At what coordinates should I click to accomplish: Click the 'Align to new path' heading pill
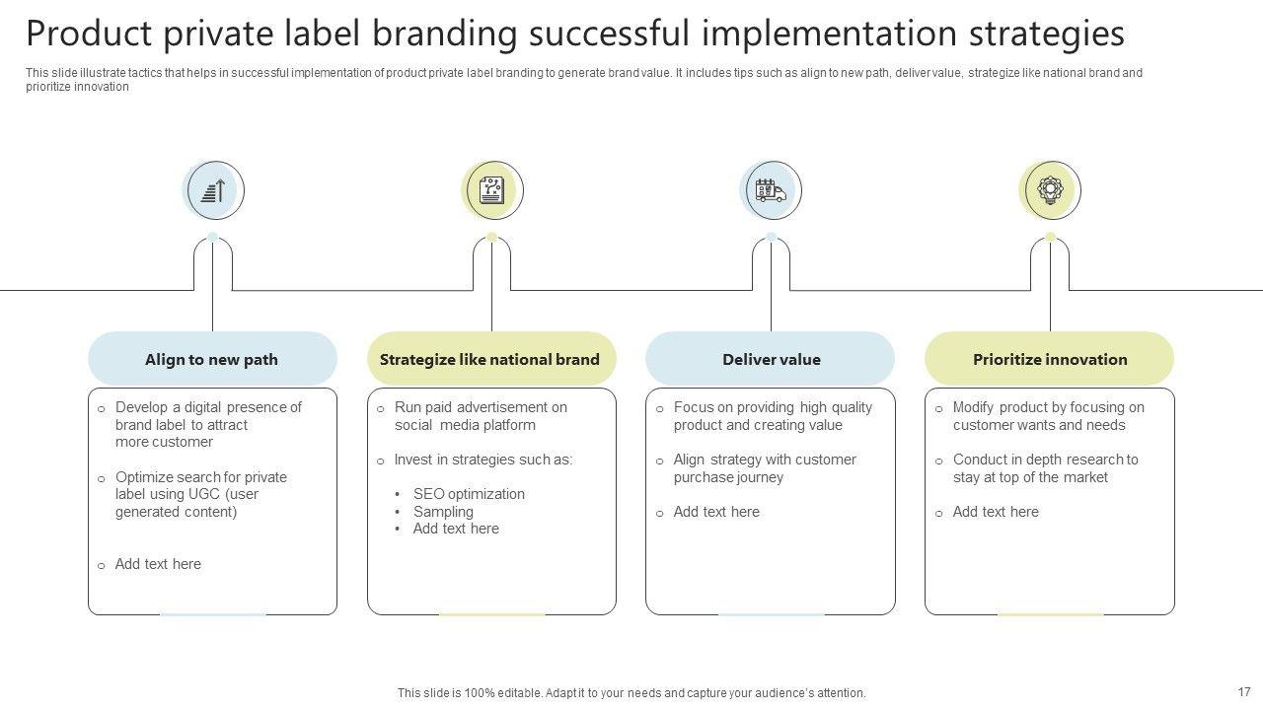pyautogui.click(x=211, y=359)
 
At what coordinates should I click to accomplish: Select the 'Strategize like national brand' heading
pyautogui.click(x=489, y=359)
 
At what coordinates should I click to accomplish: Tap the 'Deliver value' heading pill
pyautogui.click(x=771, y=359)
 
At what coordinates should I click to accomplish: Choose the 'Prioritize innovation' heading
pyautogui.click(x=1050, y=359)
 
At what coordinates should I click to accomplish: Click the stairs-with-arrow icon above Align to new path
pyautogui.click(x=214, y=190)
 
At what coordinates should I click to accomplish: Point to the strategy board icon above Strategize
pyautogui.click(x=491, y=190)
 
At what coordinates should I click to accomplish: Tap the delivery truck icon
pyautogui.click(x=771, y=190)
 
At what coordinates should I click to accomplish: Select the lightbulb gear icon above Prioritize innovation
pyautogui.click(x=1050, y=190)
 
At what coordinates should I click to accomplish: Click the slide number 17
pyautogui.click(x=1244, y=691)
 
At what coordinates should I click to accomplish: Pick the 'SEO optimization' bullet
pyautogui.click(x=469, y=494)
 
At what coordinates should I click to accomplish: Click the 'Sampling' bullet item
pyautogui.click(x=443, y=512)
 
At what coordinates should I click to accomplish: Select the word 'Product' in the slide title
pyautogui.click(x=88, y=34)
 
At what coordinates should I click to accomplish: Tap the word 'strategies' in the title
pyautogui.click(x=1047, y=34)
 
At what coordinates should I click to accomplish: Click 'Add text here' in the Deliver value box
pyautogui.click(x=716, y=512)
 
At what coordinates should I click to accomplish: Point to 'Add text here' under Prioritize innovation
pyautogui.click(x=996, y=512)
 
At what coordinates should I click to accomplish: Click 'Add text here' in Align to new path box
pyautogui.click(x=158, y=564)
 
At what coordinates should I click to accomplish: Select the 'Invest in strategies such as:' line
pyautogui.click(x=483, y=460)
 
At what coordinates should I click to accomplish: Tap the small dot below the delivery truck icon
pyautogui.click(x=771, y=237)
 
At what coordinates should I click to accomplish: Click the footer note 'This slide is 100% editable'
pyautogui.click(x=631, y=693)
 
